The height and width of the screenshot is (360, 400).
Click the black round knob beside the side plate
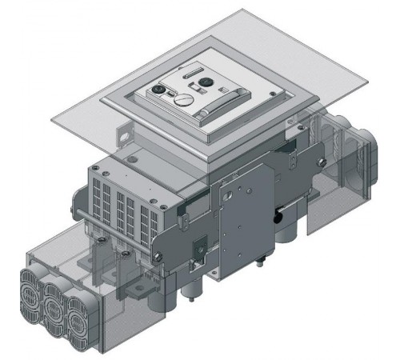[x=278, y=217]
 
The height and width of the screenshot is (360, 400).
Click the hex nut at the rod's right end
[x=161, y=255]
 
